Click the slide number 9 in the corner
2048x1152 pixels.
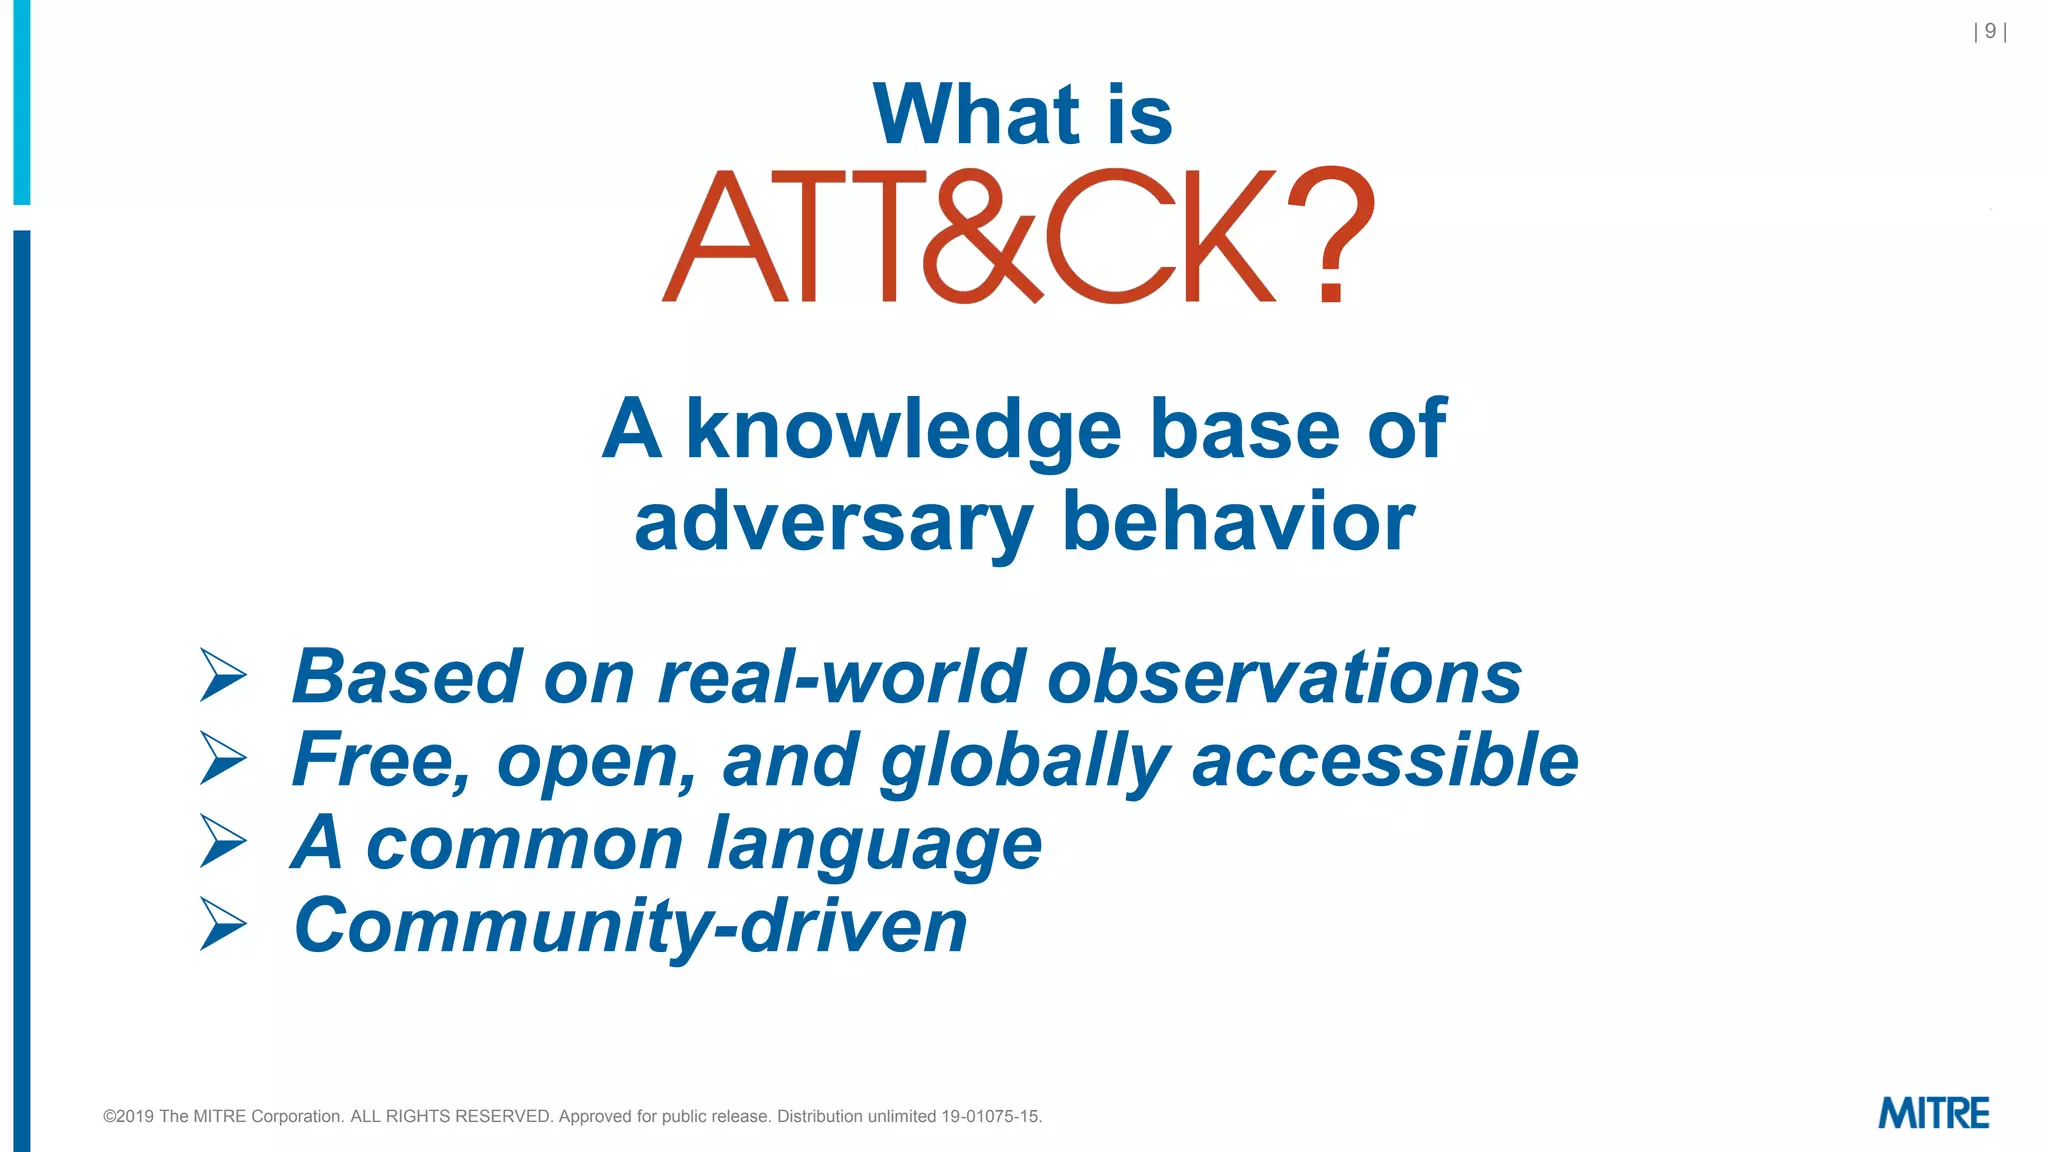coord(1990,32)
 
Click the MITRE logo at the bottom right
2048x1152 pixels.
coord(1933,1113)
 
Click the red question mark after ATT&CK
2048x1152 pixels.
coord(1331,235)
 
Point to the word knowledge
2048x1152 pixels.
coord(903,429)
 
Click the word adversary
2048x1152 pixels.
coord(833,523)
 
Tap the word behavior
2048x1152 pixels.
coord(1238,521)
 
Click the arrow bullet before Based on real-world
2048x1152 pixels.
coord(223,676)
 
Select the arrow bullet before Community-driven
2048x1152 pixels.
coord(223,923)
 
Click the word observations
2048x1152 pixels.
coord(1284,677)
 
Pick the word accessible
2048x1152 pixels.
coord(1385,760)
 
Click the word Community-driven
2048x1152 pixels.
coord(630,926)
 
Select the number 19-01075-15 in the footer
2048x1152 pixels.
coord(990,1116)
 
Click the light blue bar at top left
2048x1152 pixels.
coord(21,100)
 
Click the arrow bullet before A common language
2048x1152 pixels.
coord(223,841)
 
